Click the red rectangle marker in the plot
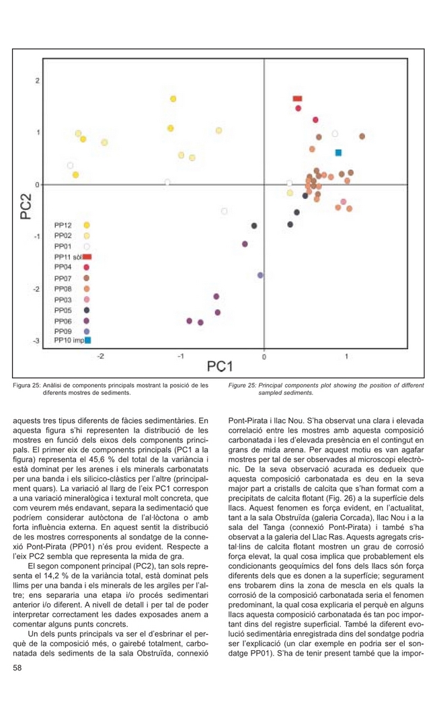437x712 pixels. point(297,99)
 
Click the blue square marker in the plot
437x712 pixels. point(339,152)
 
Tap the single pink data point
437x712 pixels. point(344,202)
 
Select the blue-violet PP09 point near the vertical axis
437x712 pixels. point(260,275)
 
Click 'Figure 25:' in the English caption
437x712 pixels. point(243,385)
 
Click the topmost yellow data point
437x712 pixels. point(173,99)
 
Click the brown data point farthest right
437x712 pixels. point(362,136)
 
